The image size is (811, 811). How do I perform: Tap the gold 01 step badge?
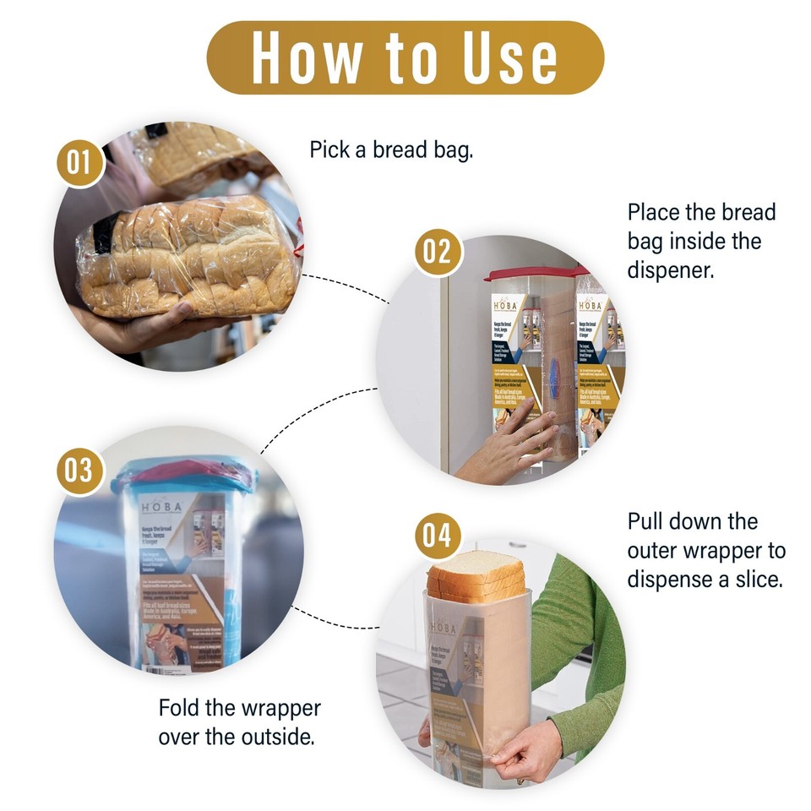[x=79, y=161]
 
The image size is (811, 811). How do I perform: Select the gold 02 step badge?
[x=438, y=252]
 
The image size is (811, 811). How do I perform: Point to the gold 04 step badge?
[x=438, y=536]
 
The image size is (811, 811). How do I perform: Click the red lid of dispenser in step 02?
[x=532, y=275]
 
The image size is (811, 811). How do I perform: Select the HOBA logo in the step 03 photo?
[x=159, y=507]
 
